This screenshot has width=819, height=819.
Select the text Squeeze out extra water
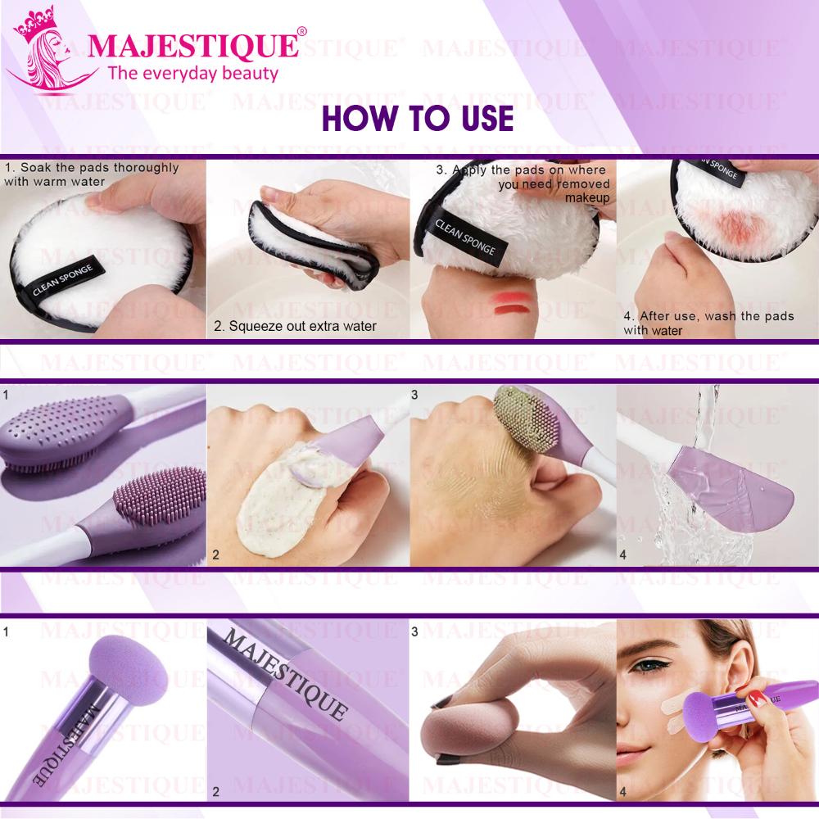pos(295,326)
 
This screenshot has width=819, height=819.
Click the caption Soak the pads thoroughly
pos(91,167)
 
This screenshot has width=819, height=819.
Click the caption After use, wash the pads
pos(708,316)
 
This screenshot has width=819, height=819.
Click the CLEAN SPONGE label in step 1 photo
pos(67,283)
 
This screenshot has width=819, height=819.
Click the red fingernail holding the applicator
pos(754,698)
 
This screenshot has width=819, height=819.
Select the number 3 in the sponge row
pos(415,633)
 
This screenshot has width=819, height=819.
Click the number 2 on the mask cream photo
pos(216,554)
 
